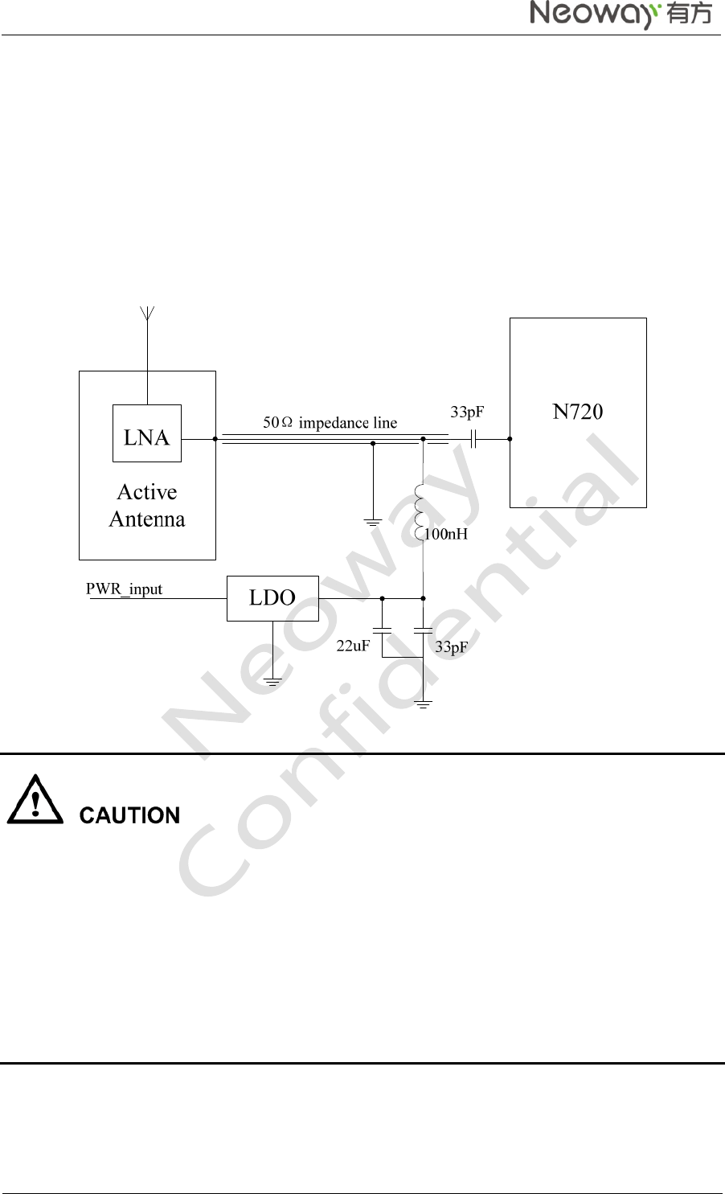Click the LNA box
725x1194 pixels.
click(x=147, y=434)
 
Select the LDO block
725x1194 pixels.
click(x=272, y=598)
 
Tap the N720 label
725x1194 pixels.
click(x=577, y=412)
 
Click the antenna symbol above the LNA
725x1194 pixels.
click(x=147, y=314)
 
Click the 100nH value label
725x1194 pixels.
click(x=446, y=534)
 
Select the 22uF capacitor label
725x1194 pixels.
click(x=353, y=645)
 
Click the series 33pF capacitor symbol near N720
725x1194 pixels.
click(x=473, y=439)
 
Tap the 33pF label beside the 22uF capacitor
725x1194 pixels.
click(x=451, y=647)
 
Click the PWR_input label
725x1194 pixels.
click(x=124, y=589)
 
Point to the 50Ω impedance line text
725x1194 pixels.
click(x=330, y=423)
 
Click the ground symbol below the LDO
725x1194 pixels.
click(x=272, y=682)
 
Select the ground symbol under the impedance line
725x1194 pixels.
click(x=373, y=523)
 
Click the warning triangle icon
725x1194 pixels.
click(x=35, y=801)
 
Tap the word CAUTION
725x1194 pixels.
click(x=129, y=815)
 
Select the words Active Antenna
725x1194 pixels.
click(x=147, y=506)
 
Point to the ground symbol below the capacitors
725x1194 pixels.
click(x=423, y=704)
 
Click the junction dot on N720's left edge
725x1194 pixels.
click(x=510, y=439)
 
